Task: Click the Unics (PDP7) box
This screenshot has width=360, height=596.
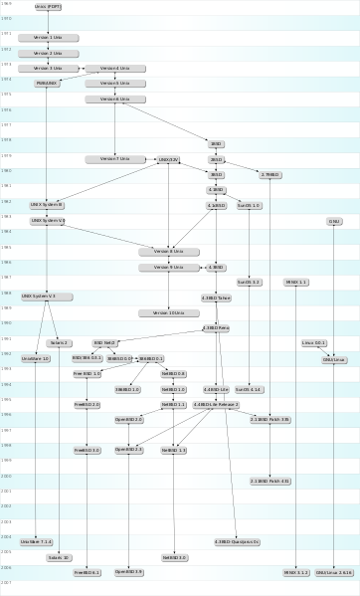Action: click(48, 6)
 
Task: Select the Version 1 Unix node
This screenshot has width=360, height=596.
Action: click(48, 37)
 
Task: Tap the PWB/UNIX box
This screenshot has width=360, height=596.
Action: click(48, 84)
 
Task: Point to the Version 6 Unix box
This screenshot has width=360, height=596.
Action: click(114, 99)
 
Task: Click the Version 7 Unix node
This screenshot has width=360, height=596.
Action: click(114, 159)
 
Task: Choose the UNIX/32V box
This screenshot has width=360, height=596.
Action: click(168, 159)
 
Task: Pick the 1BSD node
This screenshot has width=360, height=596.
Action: click(216, 144)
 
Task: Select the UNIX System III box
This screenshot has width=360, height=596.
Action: click(48, 204)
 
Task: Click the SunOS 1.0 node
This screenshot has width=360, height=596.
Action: click(249, 205)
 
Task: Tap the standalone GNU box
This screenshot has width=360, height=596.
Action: click(334, 221)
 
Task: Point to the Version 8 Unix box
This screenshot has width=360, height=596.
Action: click(168, 251)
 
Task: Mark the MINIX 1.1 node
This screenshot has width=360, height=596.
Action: click(296, 283)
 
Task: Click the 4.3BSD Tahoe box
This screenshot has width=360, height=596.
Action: click(216, 298)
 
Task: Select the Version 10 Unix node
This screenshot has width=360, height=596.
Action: click(168, 312)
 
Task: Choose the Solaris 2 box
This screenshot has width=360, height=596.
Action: click(60, 343)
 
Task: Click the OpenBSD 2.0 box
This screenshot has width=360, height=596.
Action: click(129, 420)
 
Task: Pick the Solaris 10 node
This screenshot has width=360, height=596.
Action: click(60, 557)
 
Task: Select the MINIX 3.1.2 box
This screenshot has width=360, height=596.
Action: click(296, 573)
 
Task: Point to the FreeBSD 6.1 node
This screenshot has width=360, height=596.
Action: click(88, 573)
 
